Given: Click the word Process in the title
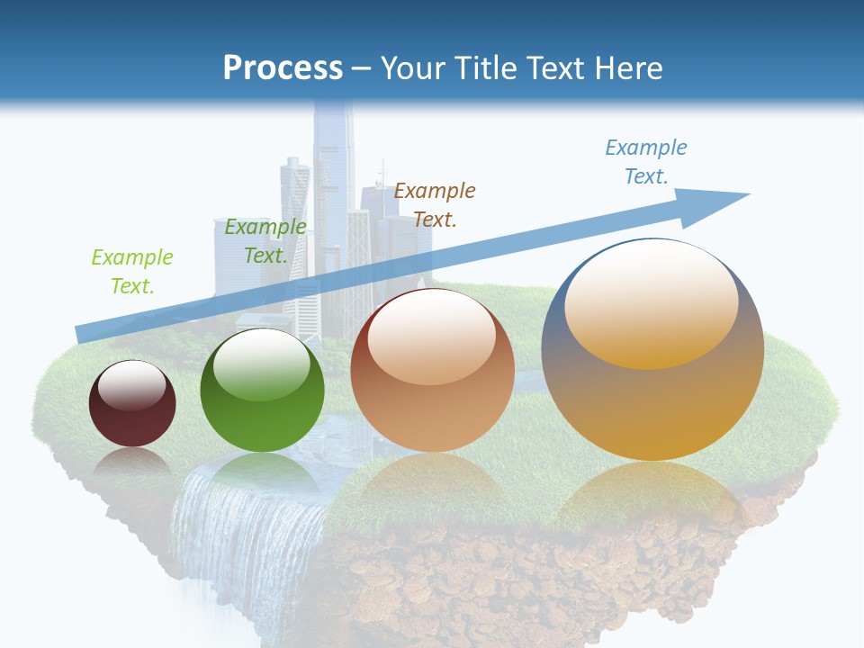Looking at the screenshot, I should pyautogui.click(x=283, y=67).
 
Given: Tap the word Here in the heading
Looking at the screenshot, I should pyautogui.click(x=626, y=67).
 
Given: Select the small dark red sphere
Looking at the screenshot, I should pyautogui.click(x=132, y=404).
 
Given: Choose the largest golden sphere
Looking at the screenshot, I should pyautogui.click(x=652, y=351).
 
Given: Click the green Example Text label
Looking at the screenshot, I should pyautogui.click(x=132, y=272).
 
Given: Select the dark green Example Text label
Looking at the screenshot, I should pyautogui.click(x=265, y=241).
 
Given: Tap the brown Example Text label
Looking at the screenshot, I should pyautogui.click(x=435, y=204).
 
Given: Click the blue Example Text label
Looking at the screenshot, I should pyautogui.click(x=646, y=161).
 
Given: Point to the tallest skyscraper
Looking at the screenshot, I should pyautogui.click(x=333, y=180).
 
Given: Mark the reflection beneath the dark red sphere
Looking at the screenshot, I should pyautogui.click(x=132, y=463).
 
